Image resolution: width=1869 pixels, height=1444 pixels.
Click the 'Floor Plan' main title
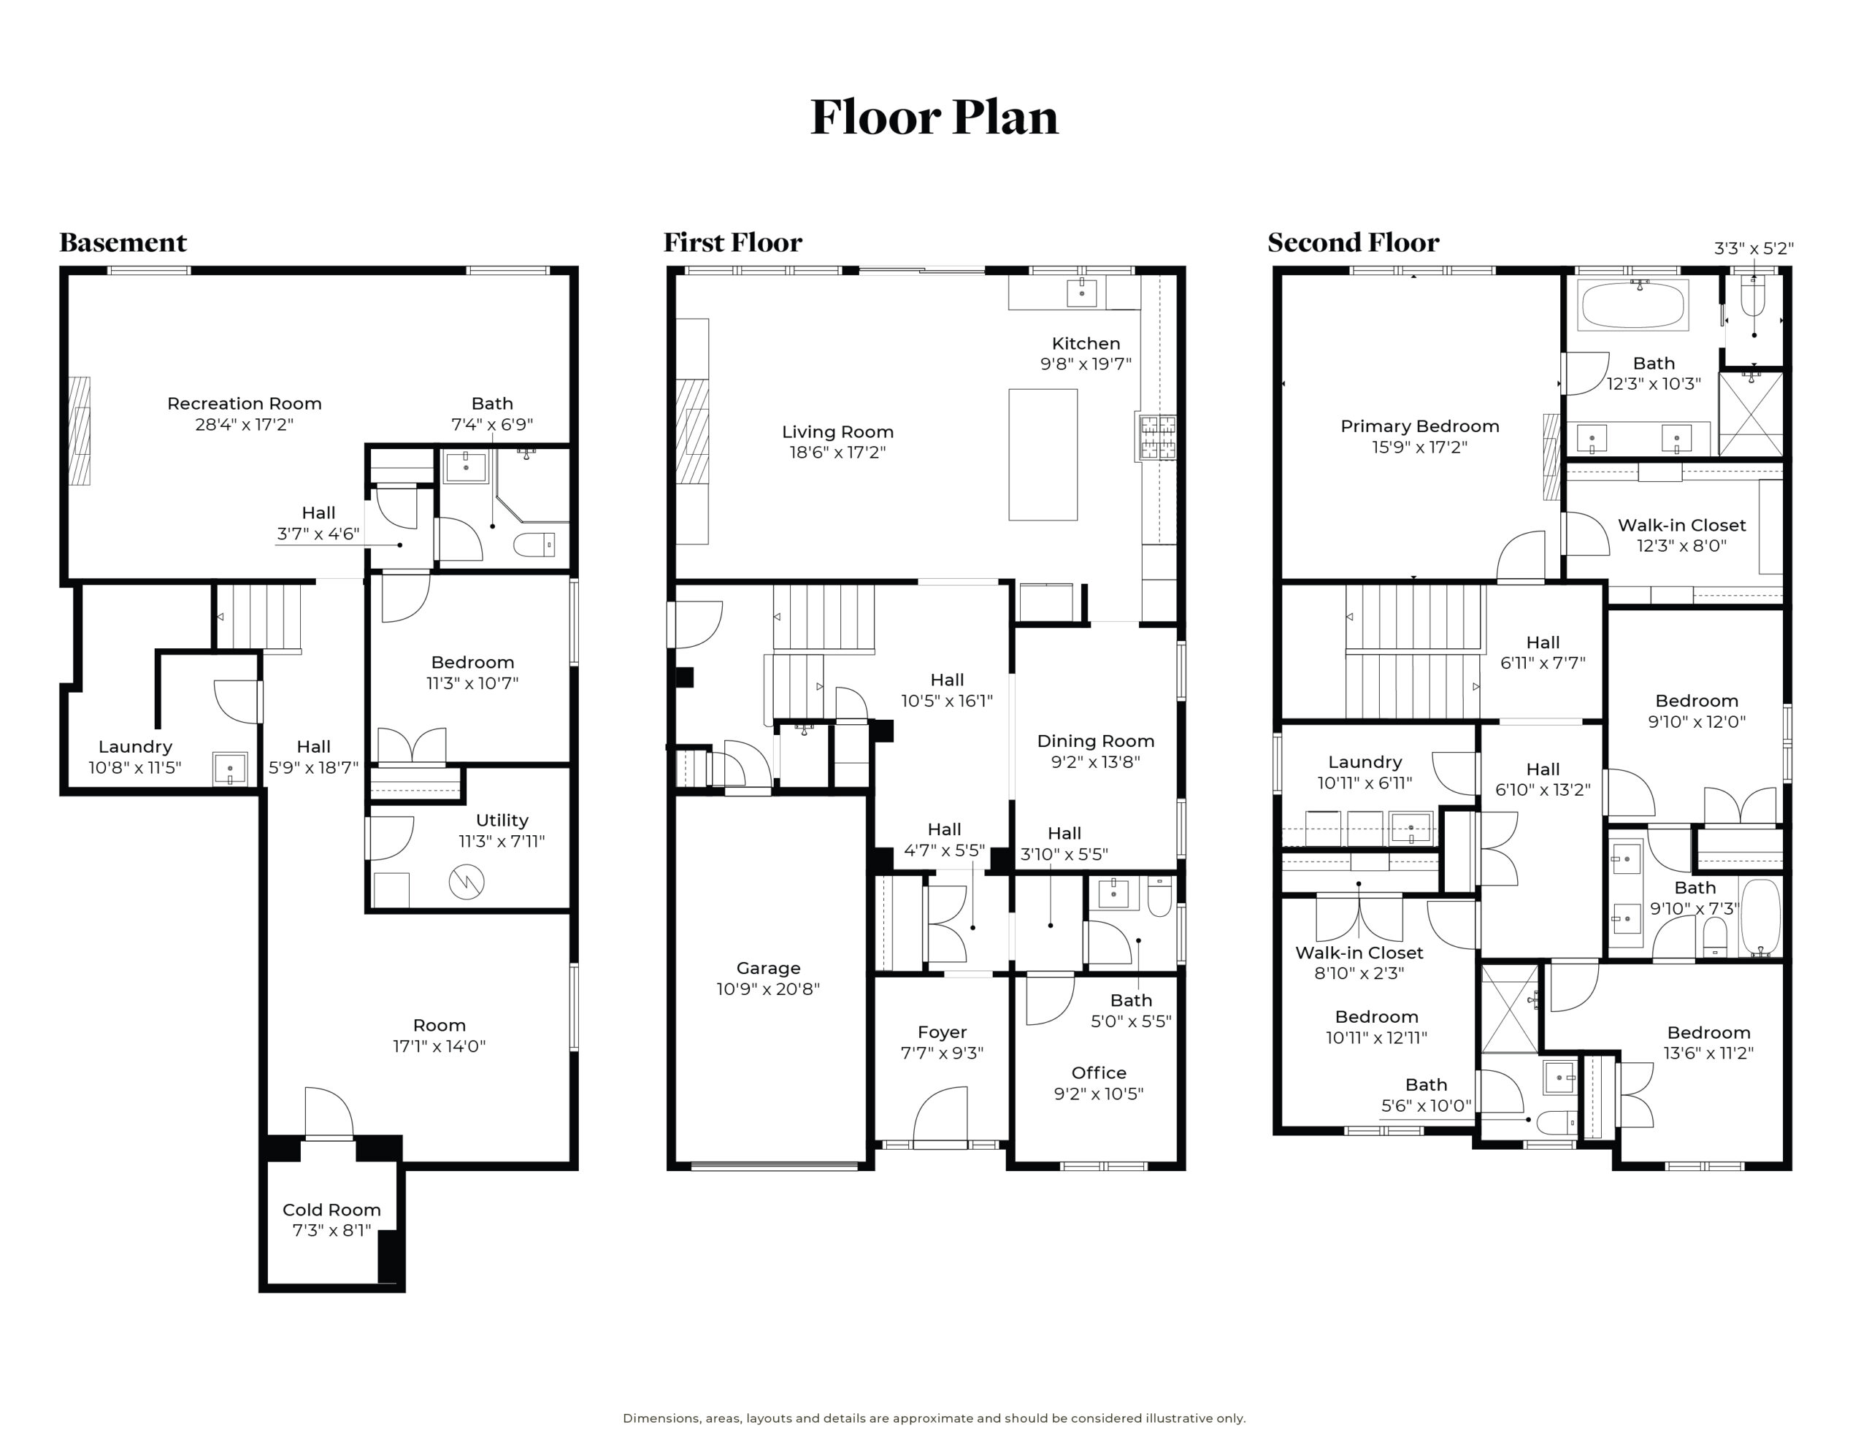(x=934, y=118)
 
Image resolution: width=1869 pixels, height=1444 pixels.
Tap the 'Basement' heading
(x=123, y=242)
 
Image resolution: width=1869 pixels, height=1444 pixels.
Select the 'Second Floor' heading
(x=1353, y=242)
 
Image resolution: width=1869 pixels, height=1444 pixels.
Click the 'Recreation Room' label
(x=244, y=403)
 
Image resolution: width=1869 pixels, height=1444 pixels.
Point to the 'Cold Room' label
(x=331, y=1210)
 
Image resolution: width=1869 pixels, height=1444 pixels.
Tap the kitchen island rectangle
(x=1043, y=455)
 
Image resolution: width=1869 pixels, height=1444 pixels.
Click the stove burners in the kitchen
(x=1156, y=437)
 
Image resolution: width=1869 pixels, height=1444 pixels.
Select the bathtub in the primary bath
(x=1634, y=304)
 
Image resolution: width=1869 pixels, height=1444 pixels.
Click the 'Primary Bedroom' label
(x=1420, y=426)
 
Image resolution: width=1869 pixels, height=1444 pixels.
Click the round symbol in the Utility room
(x=467, y=882)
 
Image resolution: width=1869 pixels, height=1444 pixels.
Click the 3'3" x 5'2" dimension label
(x=1754, y=248)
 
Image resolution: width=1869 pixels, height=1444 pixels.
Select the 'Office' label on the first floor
(x=1099, y=1072)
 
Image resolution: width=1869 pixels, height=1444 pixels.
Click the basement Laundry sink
(x=229, y=768)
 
